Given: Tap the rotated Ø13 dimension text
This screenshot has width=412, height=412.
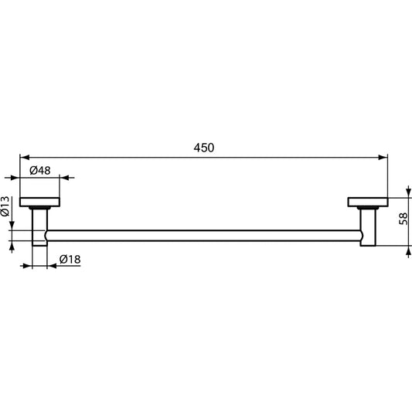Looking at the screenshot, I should [x=5, y=206].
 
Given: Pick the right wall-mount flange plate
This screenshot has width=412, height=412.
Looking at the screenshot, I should [x=368, y=203].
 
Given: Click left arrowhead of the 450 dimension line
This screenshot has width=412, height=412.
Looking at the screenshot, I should [x=24, y=158].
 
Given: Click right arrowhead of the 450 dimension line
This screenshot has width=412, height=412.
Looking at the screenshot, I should [x=383, y=158].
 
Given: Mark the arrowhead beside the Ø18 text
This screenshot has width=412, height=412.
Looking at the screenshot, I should [x=52, y=267].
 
